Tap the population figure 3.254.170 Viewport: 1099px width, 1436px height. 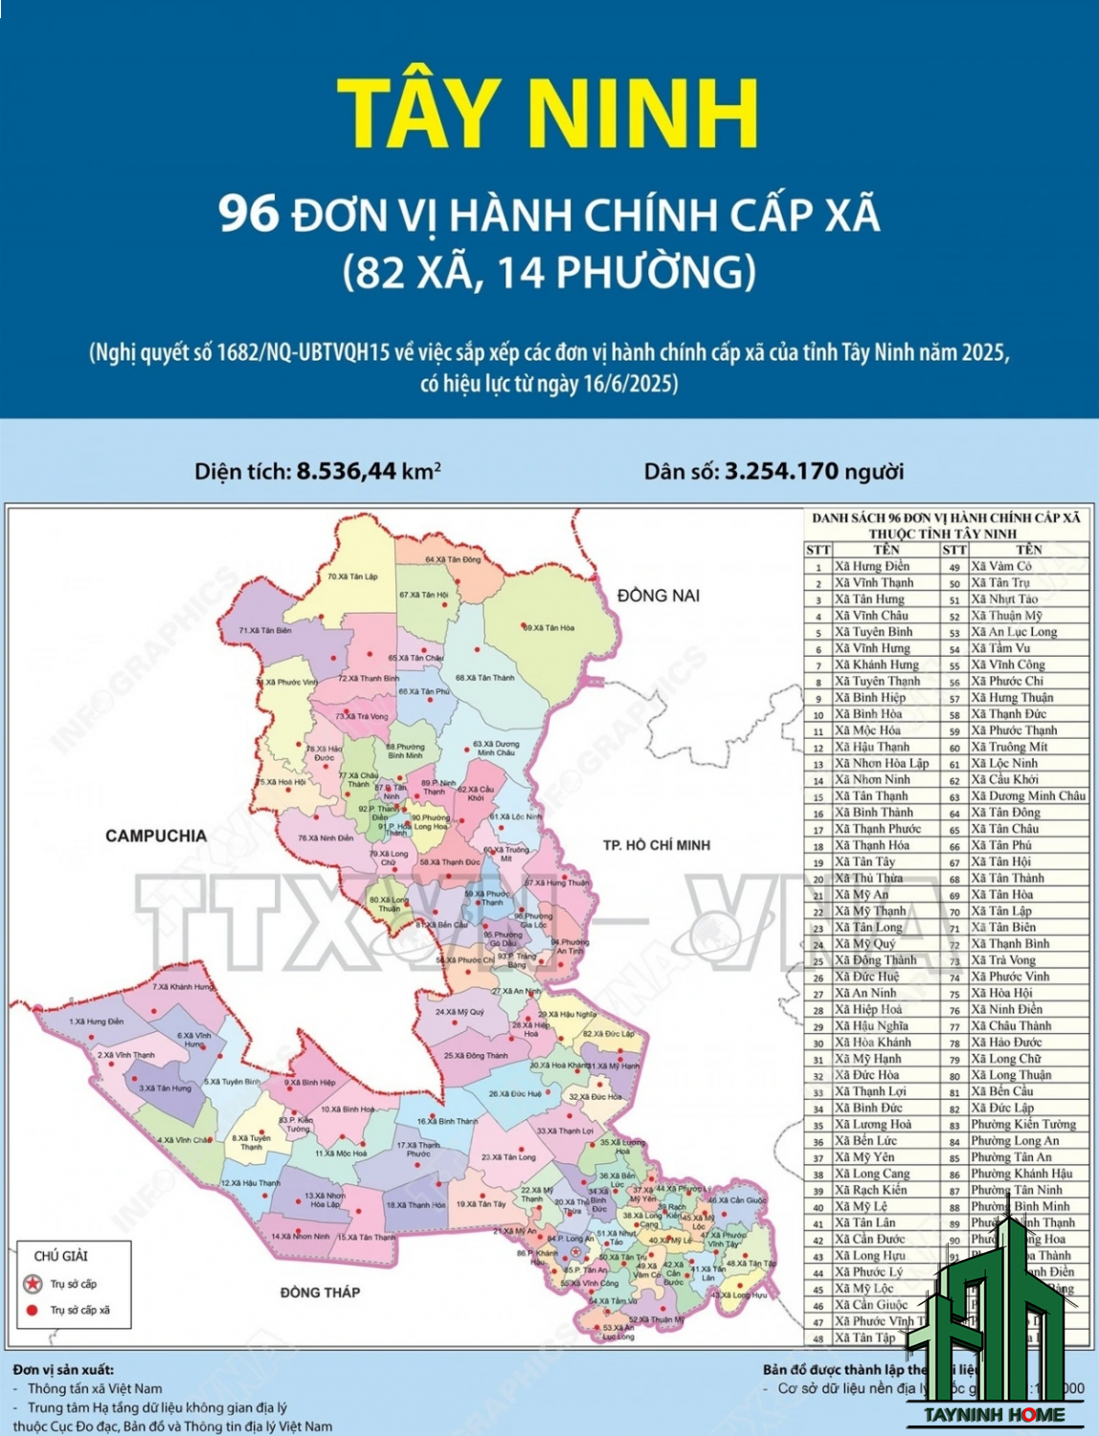pos(781,471)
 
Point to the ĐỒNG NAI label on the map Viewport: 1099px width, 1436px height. pos(659,595)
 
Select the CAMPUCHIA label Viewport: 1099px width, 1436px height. pos(156,836)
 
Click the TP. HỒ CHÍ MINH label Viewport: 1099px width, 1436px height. pos(657,845)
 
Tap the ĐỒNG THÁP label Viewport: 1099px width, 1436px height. pos(320,1292)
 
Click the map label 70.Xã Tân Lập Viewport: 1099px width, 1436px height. pos(353,577)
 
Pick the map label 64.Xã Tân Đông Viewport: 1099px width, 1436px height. pos(453,560)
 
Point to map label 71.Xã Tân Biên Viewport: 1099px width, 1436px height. pos(265,631)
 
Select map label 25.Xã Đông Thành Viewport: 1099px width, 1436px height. pos(476,1056)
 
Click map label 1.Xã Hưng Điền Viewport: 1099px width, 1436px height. pos(97,1021)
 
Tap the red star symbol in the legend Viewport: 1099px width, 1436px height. pos(34,1284)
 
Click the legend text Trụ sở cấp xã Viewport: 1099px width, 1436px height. pos(80,1310)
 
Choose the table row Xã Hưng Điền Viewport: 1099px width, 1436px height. pos(871,567)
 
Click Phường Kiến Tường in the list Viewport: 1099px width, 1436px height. pos(1022,1124)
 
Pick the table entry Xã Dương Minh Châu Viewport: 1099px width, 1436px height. pos(1028,796)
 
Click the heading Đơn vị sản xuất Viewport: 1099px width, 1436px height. pos(63,1370)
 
